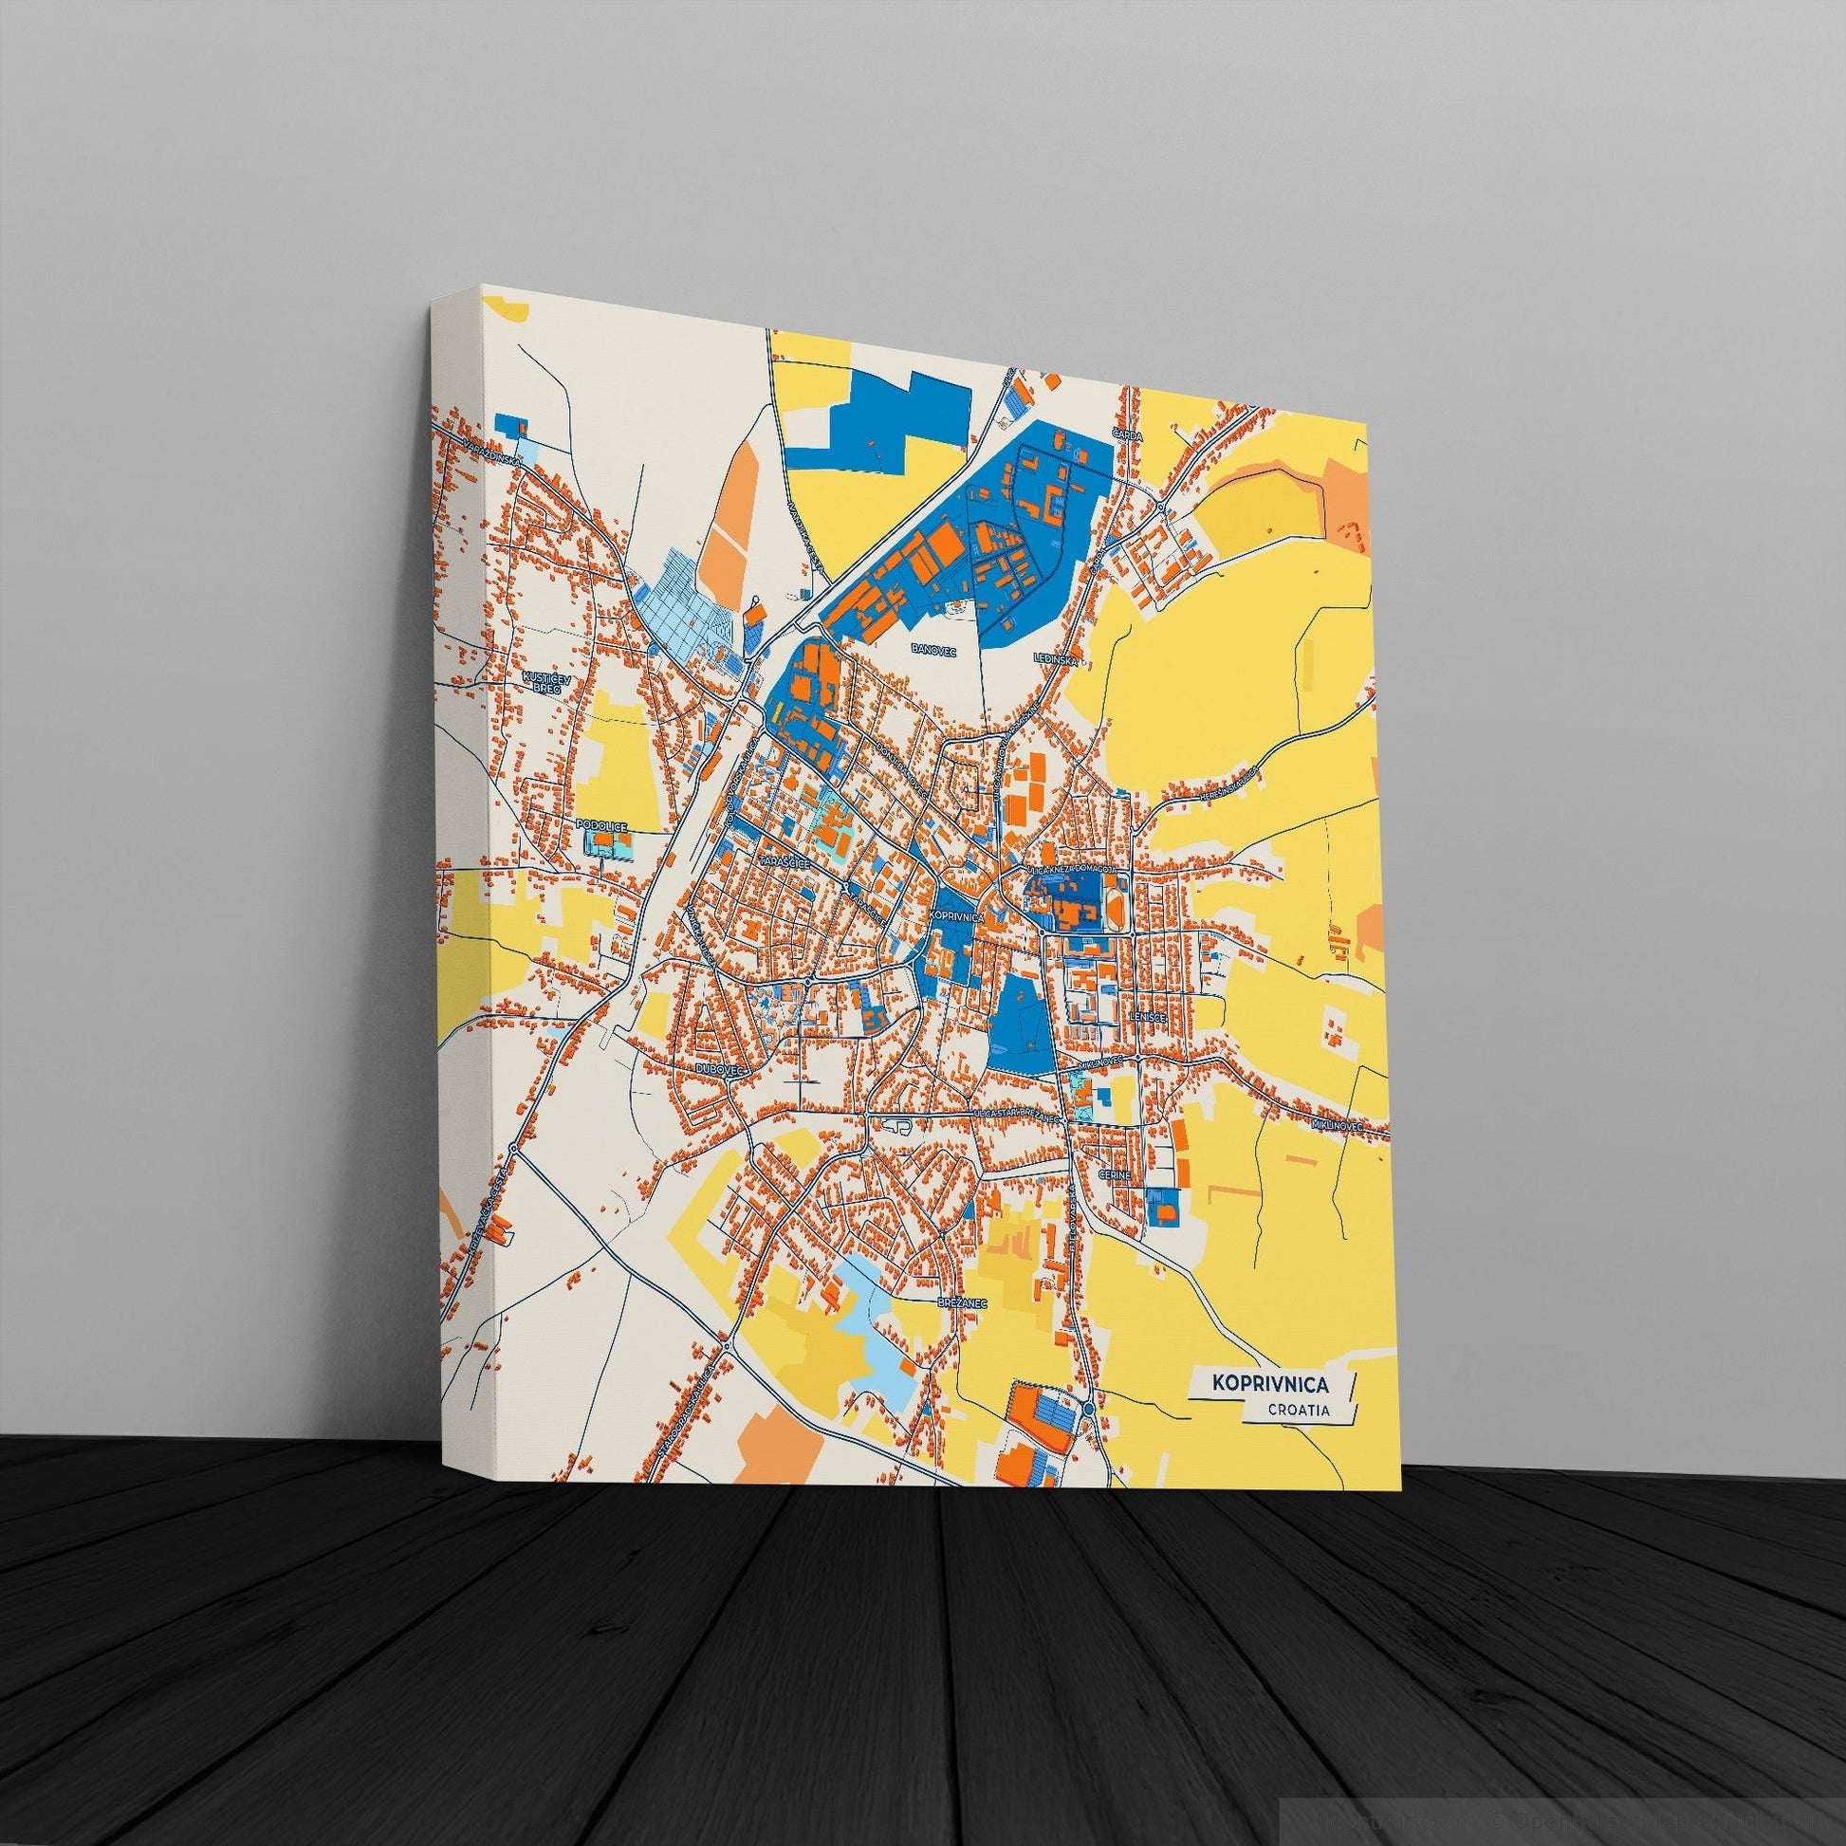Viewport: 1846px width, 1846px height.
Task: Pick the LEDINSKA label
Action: [x=1056, y=659]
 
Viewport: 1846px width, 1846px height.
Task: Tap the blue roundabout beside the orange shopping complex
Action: [x=1090, y=1410]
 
